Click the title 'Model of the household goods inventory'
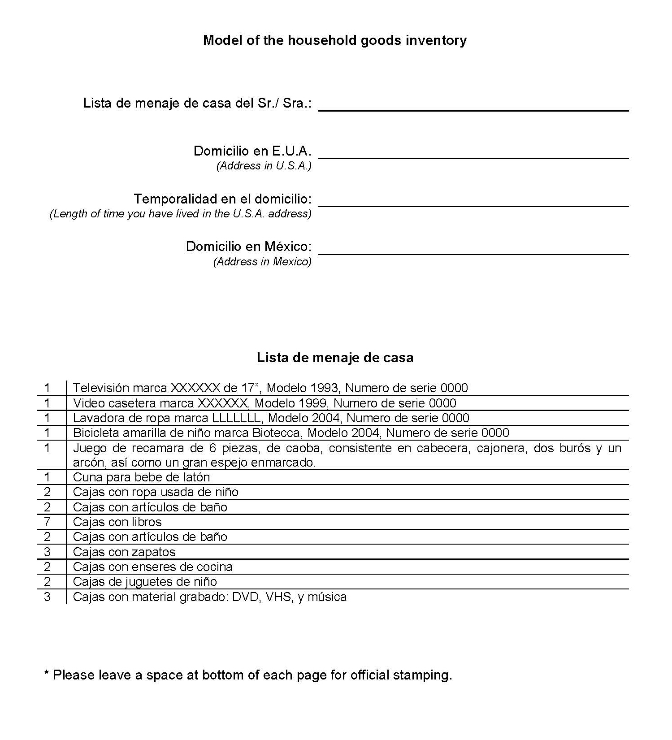pos(334,40)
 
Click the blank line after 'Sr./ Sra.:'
pos(473,108)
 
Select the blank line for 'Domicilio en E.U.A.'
pos(473,155)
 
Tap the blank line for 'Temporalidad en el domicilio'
pos(473,203)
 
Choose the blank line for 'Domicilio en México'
pos(473,251)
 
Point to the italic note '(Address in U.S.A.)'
pos(264,166)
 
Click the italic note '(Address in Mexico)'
pos(262,262)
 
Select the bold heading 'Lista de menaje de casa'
pos(335,358)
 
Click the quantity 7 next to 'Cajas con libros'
pos(47,522)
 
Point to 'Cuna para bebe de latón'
pos(141,477)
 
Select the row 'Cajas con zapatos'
pos(124,552)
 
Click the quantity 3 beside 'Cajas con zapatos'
pos(47,552)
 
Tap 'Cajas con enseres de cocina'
pos(152,567)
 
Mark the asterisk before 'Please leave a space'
pos(47,673)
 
